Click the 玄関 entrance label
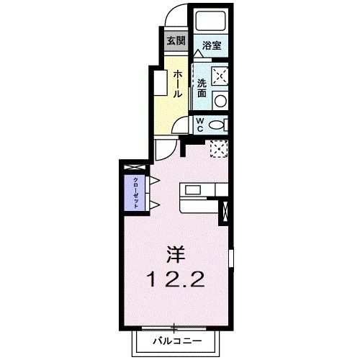point(176,40)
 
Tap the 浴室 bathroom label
point(212,45)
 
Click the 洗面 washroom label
point(202,88)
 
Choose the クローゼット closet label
point(135,192)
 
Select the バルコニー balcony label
point(176,339)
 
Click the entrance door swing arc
point(178,16)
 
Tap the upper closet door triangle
point(153,180)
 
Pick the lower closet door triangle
point(153,205)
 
